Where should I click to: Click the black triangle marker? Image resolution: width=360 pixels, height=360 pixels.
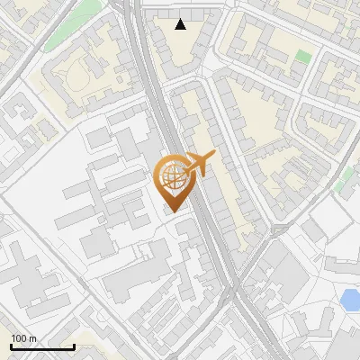(x=181, y=24)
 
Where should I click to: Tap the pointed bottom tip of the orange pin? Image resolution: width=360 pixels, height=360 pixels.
(x=171, y=212)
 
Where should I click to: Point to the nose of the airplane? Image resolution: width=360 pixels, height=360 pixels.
(x=213, y=155)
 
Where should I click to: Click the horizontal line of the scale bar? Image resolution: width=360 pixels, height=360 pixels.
(x=42, y=346)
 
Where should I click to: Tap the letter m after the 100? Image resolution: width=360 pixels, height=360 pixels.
(x=33, y=338)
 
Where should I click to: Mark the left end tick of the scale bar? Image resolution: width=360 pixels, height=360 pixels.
(x=11, y=345)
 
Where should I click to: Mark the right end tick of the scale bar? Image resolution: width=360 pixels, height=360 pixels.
(x=74, y=345)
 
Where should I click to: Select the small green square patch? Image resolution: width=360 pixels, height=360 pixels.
(x=303, y=57)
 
